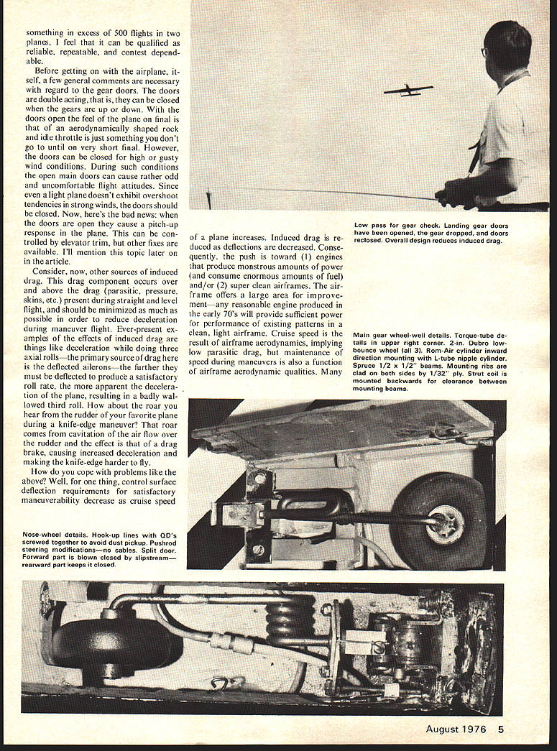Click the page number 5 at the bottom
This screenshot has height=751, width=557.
(501, 729)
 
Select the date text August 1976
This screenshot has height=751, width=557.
(456, 729)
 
